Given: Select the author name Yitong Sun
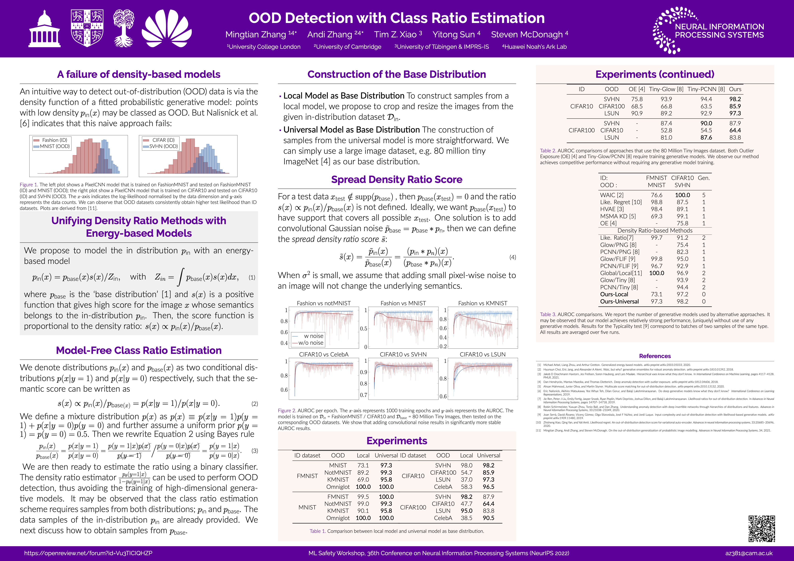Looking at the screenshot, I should tap(453, 35).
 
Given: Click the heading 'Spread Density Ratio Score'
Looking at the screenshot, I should tap(397, 180).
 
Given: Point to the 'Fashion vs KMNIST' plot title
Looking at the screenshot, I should tap(482, 303).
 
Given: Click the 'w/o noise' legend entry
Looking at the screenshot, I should tap(311, 343).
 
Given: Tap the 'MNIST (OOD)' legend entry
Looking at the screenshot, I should tap(55, 146).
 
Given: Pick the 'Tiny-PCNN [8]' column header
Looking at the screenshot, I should tap(706, 89).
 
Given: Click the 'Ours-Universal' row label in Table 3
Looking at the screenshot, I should tap(619, 302).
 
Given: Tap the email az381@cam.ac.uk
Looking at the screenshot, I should tap(749, 553).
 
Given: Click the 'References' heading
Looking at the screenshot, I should tap(655, 356).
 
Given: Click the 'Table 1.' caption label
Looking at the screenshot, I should tap(318, 531).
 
